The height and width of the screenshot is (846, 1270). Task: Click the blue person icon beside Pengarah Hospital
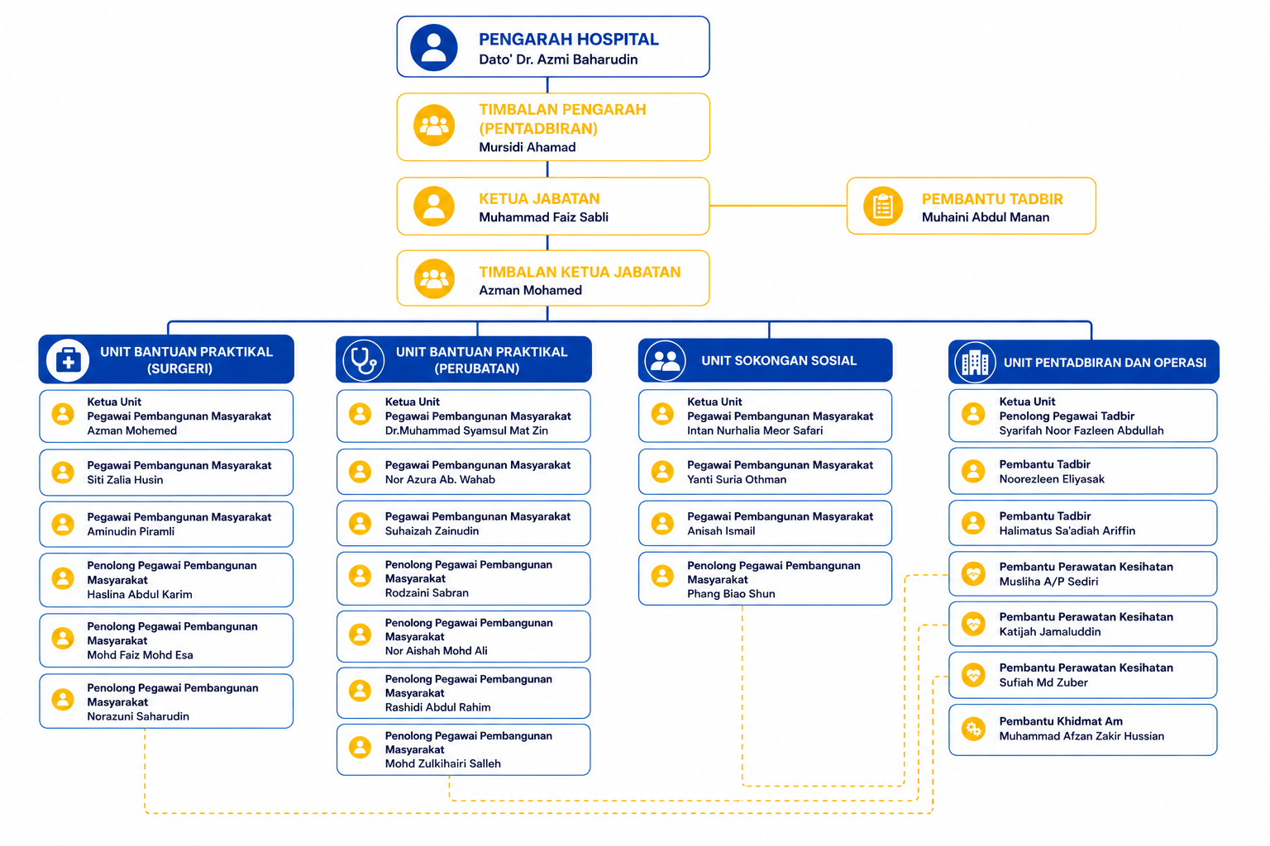click(434, 47)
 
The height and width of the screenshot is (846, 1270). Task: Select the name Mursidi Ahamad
click(527, 147)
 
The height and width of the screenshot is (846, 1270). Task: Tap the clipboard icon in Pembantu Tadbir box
click(883, 206)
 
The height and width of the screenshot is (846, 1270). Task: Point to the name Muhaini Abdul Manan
click(985, 217)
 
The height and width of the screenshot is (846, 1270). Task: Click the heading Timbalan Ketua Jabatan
click(580, 272)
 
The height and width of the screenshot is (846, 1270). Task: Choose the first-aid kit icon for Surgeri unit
click(68, 360)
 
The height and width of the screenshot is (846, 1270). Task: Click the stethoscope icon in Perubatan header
click(364, 360)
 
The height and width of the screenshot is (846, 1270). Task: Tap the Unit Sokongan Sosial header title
click(778, 360)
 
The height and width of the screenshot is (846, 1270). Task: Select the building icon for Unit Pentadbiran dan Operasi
click(975, 363)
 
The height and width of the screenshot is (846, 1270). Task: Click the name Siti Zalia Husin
click(125, 480)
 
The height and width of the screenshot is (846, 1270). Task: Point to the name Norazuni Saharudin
click(138, 716)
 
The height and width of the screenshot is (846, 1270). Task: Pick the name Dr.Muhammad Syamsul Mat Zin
click(466, 430)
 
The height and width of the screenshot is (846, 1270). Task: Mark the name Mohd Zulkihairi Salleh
click(442, 764)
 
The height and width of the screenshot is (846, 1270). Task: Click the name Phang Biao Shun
click(731, 594)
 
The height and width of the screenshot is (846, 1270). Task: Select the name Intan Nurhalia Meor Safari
click(755, 430)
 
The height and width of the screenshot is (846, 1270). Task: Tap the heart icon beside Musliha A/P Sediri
click(973, 574)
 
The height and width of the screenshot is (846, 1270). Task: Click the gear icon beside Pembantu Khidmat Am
click(973, 729)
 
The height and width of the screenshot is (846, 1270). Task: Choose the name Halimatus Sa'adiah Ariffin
click(1067, 531)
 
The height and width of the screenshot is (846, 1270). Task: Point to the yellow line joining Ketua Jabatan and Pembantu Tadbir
click(778, 206)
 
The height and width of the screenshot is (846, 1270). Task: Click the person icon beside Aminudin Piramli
click(63, 524)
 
